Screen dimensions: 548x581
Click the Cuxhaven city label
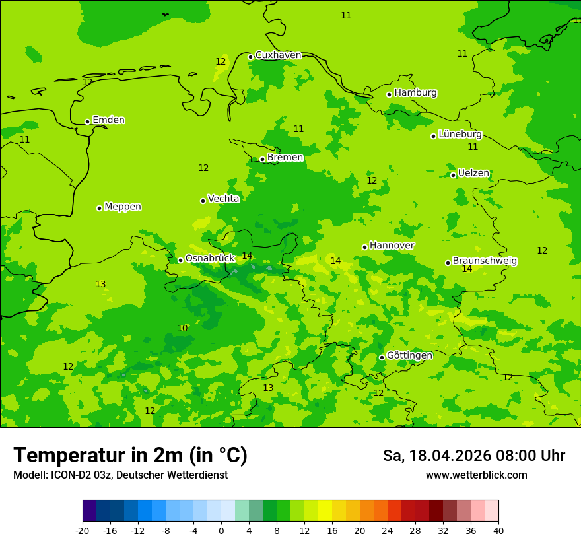pos(278,55)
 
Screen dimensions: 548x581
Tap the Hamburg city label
pos(415,93)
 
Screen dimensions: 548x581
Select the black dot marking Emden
pos(87,121)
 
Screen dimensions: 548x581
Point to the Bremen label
pos(285,158)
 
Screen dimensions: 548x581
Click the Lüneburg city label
pos(460,135)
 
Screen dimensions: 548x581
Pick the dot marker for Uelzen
pos(453,175)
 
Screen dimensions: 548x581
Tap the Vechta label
pos(223,199)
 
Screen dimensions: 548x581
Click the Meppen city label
pos(123,207)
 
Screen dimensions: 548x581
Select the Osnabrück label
pos(210,258)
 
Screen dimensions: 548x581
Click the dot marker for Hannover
pos(364,247)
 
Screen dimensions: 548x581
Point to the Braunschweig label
pos(485,261)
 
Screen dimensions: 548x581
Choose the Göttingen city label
pos(409,355)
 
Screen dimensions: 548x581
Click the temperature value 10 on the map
pos(182,329)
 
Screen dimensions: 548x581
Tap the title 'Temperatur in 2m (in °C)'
pos(130,455)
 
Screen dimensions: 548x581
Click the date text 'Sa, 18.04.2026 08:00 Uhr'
pos(473,456)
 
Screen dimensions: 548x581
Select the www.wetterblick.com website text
pos(476,475)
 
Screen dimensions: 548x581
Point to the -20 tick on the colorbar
pos(83,531)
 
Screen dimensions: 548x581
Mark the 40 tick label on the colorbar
pos(498,531)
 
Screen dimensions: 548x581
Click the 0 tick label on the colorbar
pos(221,531)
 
